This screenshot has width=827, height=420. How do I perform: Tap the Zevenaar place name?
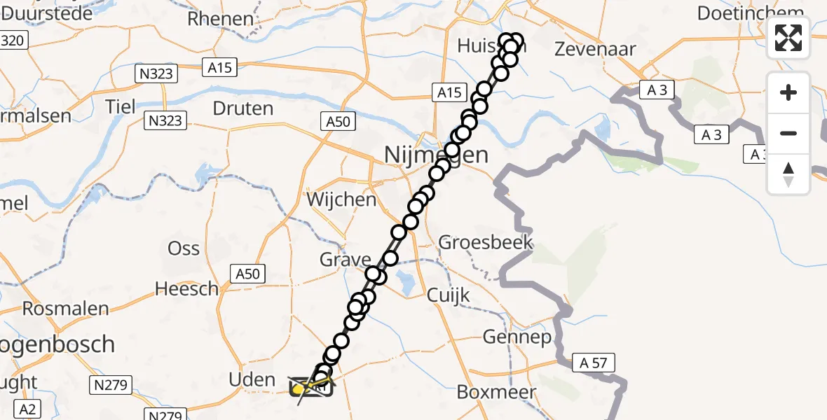595,49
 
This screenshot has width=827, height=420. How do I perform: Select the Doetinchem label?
750,13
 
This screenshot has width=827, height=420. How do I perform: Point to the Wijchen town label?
342,199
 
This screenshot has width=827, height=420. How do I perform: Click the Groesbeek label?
486,243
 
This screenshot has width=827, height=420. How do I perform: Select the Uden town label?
252,380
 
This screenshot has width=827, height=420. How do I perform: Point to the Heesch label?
187,288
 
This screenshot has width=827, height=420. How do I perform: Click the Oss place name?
184,248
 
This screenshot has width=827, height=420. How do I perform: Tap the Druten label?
243,108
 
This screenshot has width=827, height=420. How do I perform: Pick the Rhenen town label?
220,19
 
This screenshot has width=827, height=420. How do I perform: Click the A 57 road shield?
594,363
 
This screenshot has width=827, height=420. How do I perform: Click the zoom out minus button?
788,133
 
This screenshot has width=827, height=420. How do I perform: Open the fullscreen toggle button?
788,38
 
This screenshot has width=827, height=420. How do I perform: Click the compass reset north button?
788,174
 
